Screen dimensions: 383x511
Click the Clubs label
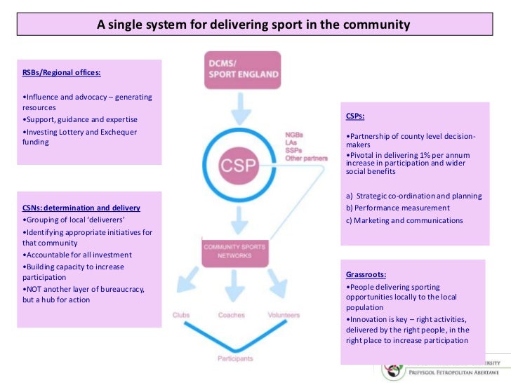[181, 316]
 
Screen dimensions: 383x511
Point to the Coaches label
[232, 316]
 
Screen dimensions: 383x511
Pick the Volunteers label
[284, 316]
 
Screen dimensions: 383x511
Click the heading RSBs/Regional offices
[62, 72]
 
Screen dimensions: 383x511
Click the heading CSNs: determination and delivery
[81, 208]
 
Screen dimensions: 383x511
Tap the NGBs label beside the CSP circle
[294, 134]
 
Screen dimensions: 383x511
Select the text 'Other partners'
[306, 159]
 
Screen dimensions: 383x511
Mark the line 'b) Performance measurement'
[397, 208]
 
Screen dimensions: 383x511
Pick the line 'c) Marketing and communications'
[404, 220]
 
